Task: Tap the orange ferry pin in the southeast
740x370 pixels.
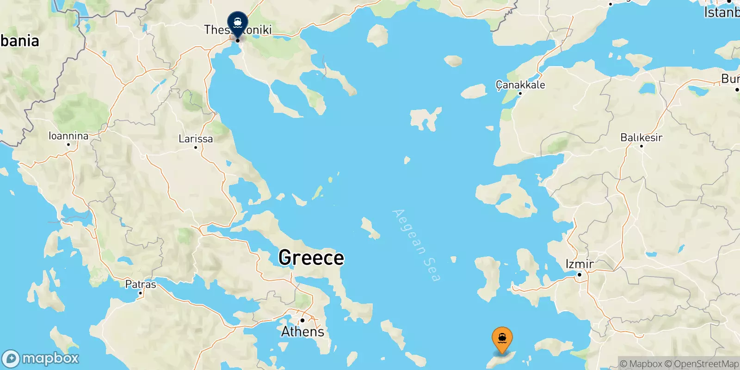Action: pos(502,339)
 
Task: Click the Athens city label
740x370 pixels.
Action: pos(303,332)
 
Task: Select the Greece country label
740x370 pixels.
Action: pos(311,258)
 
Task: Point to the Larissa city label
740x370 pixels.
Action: pos(196,139)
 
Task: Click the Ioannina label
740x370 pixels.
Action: pos(68,136)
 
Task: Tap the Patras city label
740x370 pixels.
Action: pos(141,284)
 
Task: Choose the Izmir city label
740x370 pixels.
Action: pos(580,264)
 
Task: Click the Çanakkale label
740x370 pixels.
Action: pos(520,85)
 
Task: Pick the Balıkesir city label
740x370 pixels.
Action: pos(641,137)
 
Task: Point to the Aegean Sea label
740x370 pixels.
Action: pos(416,245)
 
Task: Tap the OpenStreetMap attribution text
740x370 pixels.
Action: pos(706,364)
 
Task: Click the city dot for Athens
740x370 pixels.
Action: pos(302,320)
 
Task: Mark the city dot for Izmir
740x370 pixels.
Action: pos(579,275)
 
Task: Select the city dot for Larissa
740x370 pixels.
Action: pos(196,148)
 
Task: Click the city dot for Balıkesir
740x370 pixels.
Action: pos(641,146)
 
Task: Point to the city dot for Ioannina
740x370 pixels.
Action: pos(68,144)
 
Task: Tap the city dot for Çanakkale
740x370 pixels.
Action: pos(520,93)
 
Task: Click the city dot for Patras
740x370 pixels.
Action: pos(141,293)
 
